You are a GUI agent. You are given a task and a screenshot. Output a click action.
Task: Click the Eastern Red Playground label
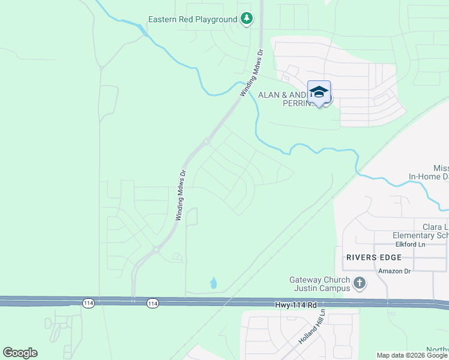pyautogui.click(x=193, y=19)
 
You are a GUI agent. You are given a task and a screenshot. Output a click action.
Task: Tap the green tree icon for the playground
pyautogui.click(x=246, y=19)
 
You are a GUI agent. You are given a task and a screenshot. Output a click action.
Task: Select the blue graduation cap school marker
pyautogui.click(x=319, y=92)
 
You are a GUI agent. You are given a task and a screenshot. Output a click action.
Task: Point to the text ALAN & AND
pyautogui.click(x=282, y=95)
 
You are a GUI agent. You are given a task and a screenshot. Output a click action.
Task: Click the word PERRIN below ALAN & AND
pyautogui.click(x=298, y=103)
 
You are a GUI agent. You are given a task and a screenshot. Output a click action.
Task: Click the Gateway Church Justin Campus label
pyautogui.click(x=320, y=284)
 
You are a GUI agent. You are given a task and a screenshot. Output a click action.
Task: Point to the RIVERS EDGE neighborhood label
pyautogui.click(x=372, y=257)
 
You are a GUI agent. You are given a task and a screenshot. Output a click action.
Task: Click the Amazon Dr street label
pyautogui.click(x=393, y=271)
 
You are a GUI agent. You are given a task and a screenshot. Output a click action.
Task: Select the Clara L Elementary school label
pyautogui.click(x=427, y=231)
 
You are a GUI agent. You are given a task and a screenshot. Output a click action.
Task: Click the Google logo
pyautogui.click(x=20, y=353)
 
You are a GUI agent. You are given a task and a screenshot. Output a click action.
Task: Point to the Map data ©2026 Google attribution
pyautogui.click(x=412, y=355)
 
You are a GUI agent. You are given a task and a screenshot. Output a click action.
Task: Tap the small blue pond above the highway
pyautogui.click(x=213, y=282)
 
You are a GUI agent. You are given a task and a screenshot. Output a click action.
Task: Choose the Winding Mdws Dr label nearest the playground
pyautogui.click(x=252, y=73)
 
